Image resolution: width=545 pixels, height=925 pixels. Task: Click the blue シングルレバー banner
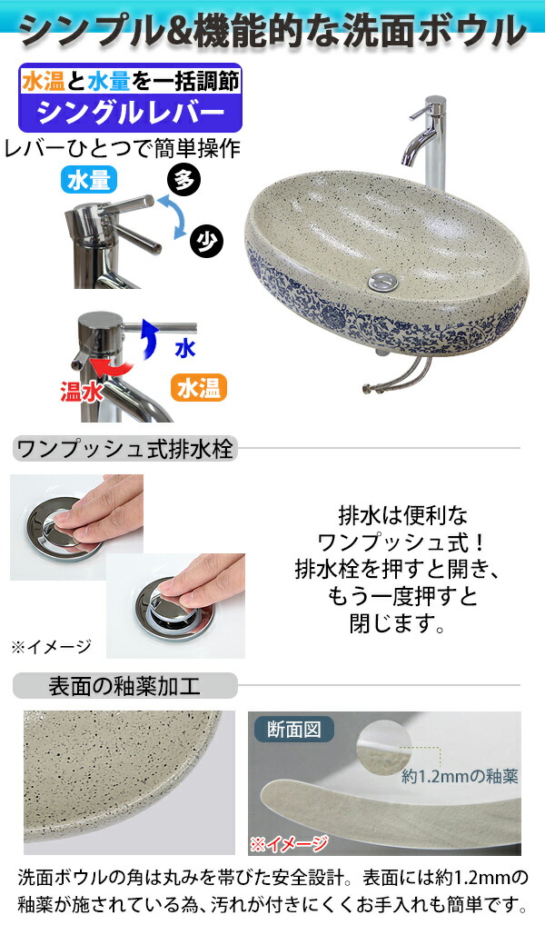(130, 113)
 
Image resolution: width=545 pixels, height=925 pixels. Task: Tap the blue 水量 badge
(90, 179)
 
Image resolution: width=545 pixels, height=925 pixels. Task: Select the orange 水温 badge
(197, 388)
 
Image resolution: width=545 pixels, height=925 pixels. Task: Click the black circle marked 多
(184, 180)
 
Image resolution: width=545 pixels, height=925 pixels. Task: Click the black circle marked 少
(207, 240)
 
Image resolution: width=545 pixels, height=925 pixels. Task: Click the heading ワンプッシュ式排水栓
(125, 448)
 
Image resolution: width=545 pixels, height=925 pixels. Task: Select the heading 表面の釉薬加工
(124, 684)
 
